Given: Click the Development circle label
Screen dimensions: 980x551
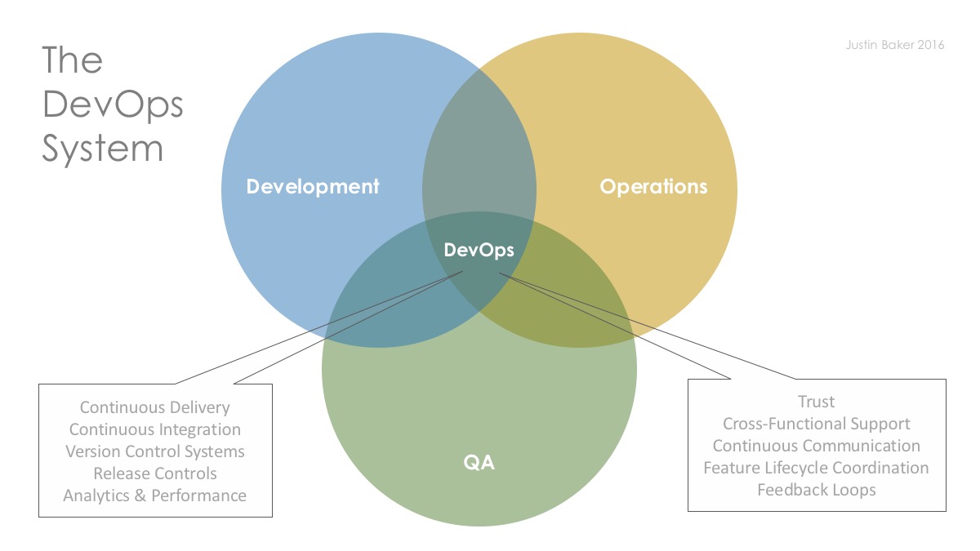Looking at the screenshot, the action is (312, 187).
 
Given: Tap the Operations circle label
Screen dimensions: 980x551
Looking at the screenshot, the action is (653, 187).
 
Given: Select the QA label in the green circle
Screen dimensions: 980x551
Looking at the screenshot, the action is (479, 463).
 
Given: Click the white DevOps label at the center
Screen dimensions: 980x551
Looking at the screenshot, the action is (479, 250).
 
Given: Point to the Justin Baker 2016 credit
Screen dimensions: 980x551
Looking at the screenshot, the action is (895, 45).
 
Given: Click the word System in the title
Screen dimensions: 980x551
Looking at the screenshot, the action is (102, 149).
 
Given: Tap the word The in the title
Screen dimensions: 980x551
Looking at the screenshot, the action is (72, 60).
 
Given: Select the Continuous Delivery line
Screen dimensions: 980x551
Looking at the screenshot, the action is (155, 407).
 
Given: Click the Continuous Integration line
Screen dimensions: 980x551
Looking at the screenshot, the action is (155, 429).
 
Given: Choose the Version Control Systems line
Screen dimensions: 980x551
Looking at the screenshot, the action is (155, 451).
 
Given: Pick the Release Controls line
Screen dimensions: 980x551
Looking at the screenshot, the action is (155, 473).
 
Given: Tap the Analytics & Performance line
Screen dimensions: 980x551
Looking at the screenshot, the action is (155, 495).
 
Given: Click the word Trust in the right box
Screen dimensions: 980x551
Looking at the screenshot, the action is (817, 402).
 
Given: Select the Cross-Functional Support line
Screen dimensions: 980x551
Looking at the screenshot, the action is (817, 424).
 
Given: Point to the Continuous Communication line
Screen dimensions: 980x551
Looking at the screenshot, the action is (817, 446).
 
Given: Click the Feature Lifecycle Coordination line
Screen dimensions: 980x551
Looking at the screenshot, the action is (817, 468).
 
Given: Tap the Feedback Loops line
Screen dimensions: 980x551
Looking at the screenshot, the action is (817, 490).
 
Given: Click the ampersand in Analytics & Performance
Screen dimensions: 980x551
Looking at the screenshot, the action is (140, 495).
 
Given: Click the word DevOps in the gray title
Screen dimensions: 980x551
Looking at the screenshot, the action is (113, 105).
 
